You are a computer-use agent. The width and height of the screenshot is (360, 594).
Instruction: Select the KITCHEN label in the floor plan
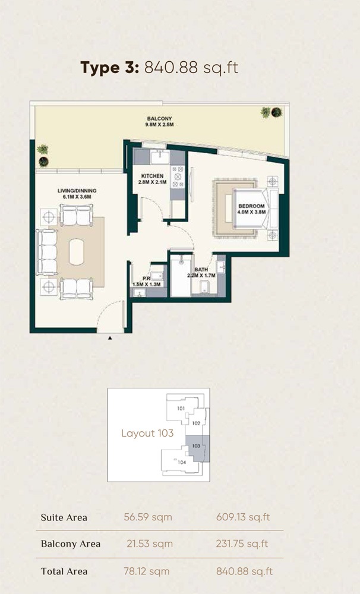[152, 179]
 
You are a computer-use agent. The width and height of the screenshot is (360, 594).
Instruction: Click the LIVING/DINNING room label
[77, 193]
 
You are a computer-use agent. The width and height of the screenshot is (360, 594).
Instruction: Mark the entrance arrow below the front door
[110, 338]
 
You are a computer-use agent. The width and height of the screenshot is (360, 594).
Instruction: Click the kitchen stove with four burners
[178, 176]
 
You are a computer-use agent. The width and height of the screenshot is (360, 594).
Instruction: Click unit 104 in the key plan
[182, 462]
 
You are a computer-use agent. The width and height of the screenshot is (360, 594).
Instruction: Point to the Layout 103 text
[147, 433]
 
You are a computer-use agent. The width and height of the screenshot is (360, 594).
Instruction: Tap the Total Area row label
[64, 571]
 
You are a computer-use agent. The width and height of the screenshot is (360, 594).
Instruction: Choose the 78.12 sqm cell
[149, 571]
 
